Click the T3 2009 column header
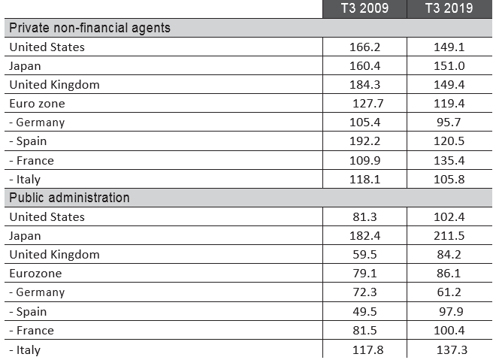pyautogui.click(x=364, y=9)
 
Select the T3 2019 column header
pyautogui.click(x=448, y=9)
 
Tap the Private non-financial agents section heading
pyautogui.click(x=89, y=28)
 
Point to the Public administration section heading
pyautogui.click(x=69, y=198)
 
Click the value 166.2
pyautogui.click(x=364, y=47)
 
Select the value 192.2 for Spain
pyautogui.click(x=364, y=141)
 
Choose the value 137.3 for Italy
pyautogui.click(x=451, y=349)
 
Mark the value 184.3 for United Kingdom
pyautogui.click(x=364, y=84)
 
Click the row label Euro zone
pyautogui.click(x=37, y=104)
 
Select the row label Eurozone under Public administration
pyautogui.click(x=35, y=274)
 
